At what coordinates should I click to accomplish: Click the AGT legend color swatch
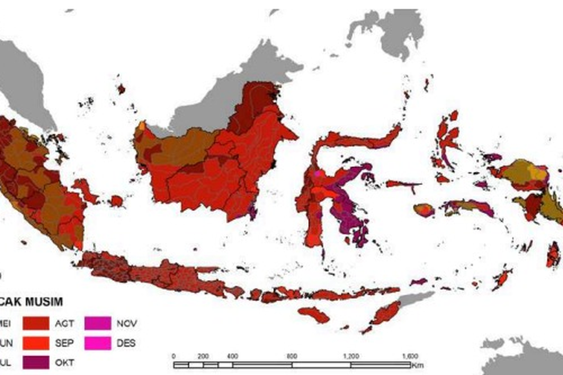[36, 323]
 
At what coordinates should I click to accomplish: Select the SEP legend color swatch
[36, 343]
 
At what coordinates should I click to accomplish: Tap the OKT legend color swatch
[36, 362]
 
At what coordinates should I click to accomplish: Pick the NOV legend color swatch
[98, 323]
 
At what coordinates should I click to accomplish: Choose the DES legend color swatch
[98, 343]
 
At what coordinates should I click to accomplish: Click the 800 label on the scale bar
[292, 356]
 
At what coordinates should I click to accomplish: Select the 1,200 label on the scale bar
[351, 356]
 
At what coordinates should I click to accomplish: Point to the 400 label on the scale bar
[233, 356]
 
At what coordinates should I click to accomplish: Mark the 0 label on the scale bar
[174, 356]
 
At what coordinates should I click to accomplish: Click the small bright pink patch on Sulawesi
[318, 173]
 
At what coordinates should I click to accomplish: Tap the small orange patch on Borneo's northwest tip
[142, 126]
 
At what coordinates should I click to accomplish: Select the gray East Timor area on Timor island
[415, 299]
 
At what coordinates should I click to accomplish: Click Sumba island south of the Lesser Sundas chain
[313, 314]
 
